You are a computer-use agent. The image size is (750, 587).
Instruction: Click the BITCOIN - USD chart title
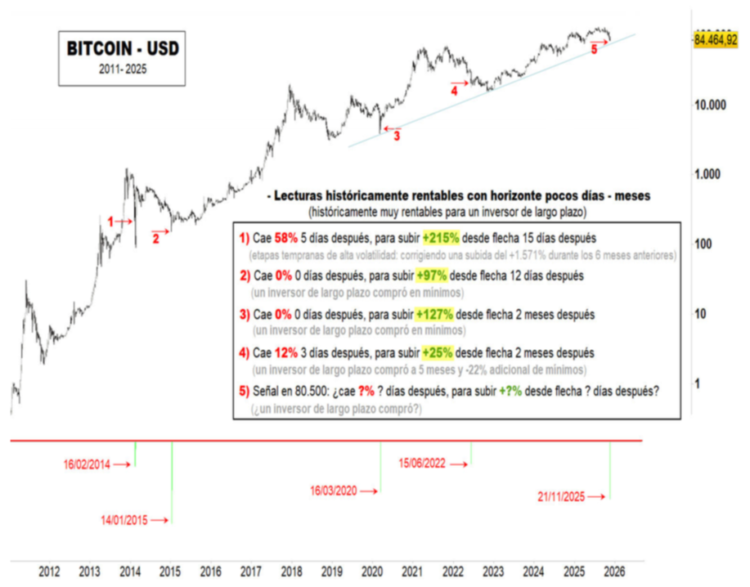coord(122,49)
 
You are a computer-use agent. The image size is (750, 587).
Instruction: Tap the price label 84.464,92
coord(716,38)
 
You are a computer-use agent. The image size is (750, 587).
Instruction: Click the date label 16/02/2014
coord(87,464)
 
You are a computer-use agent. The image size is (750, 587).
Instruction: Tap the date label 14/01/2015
coord(124,519)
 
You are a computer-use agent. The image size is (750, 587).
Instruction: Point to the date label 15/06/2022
coord(423,464)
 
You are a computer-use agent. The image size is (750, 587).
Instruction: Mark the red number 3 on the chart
coord(397,136)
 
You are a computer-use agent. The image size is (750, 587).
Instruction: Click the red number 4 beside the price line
coord(454,91)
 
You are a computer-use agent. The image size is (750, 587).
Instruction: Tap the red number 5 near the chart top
coord(594,49)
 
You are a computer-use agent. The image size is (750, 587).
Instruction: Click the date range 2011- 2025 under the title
coord(122,69)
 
